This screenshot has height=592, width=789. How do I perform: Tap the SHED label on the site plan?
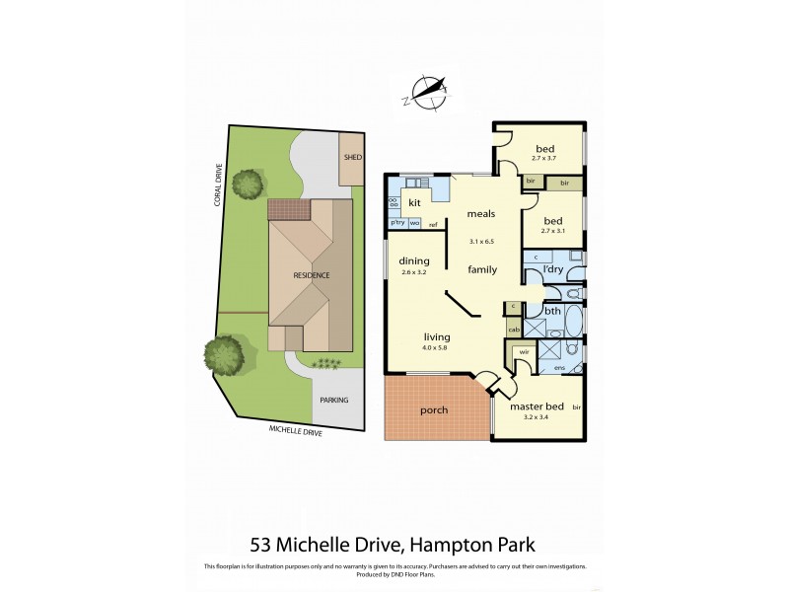pyautogui.click(x=352, y=158)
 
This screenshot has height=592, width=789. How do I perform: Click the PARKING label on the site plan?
pyautogui.click(x=332, y=401)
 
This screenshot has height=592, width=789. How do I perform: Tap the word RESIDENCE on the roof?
pyautogui.click(x=310, y=274)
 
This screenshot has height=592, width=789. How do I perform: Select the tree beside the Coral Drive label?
pyautogui.click(x=249, y=183)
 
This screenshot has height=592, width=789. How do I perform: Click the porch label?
pyautogui.click(x=434, y=409)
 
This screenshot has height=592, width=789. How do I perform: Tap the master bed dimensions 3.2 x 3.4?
pyautogui.click(x=536, y=417)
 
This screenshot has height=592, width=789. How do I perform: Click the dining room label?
pyautogui.click(x=413, y=261)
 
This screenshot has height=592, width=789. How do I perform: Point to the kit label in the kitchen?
pyautogui.click(x=415, y=201)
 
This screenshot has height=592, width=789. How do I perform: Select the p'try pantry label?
pyautogui.click(x=397, y=223)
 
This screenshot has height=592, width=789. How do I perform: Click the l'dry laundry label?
pyautogui.click(x=554, y=269)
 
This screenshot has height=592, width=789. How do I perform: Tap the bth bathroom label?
pyautogui.click(x=552, y=311)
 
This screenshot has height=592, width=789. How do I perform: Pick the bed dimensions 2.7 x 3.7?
pyautogui.click(x=544, y=158)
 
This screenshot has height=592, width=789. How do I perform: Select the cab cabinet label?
pyautogui.click(x=514, y=330)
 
